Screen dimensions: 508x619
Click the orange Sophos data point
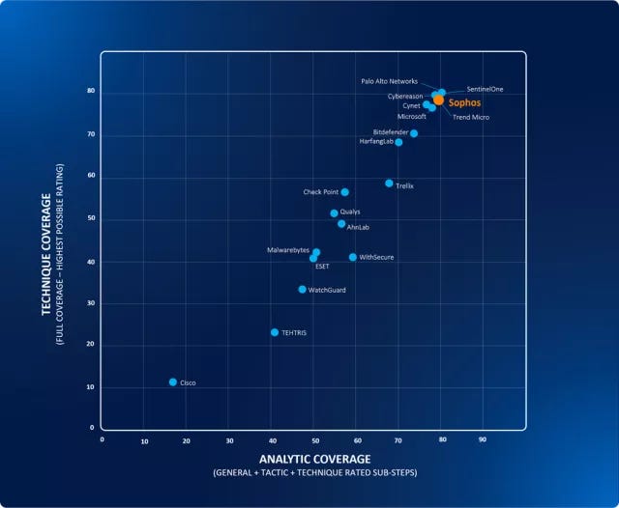pos(438,99)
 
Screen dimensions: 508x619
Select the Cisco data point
pos(173,382)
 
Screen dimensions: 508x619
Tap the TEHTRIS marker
pos(275,332)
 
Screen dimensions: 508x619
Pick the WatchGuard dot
pos(303,290)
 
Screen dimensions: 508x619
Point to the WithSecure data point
pos(353,258)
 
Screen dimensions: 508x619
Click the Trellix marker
pos(389,183)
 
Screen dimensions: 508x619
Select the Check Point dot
pos(345,192)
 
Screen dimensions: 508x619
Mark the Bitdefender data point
pos(414,133)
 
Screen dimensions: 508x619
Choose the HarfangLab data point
pos(398,142)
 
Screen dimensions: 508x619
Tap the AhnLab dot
pos(341,224)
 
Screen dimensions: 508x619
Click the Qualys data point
pos(335,213)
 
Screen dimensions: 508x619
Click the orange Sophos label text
pos(464,101)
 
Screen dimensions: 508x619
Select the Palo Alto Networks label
pos(389,82)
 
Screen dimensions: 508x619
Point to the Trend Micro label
pos(471,118)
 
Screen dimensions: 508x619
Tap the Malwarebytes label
pos(288,250)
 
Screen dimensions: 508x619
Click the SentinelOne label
pos(485,90)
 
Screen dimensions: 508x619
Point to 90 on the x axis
pos(483,440)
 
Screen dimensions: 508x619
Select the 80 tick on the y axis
pos(91,92)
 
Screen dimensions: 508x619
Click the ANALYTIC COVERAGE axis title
pos(313,459)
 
